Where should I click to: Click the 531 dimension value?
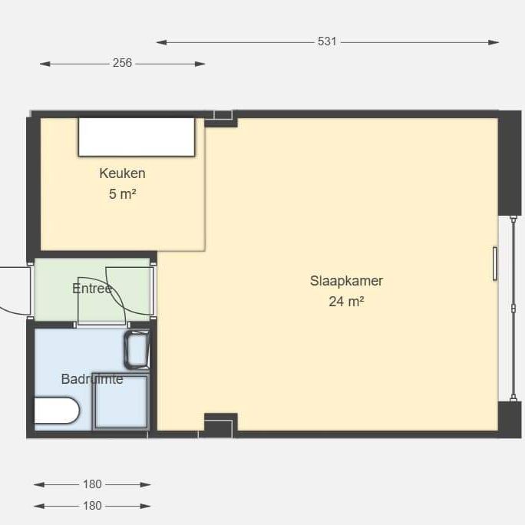pyautogui.click(x=327, y=41)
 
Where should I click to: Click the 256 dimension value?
pyautogui.click(x=122, y=63)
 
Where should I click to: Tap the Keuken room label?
pyautogui.click(x=122, y=173)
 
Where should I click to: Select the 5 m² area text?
pyautogui.click(x=122, y=194)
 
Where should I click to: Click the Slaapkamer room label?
pyautogui.click(x=346, y=281)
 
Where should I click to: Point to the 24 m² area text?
pyautogui.click(x=346, y=302)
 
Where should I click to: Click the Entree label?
pyautogui.click(x=92, y=289)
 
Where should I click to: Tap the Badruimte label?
pyautogui.click(x=92, y=379)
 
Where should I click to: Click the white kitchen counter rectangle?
pyautogui.click(x=137, y=137)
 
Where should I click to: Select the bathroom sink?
pyautogui.click(x=137, y=350)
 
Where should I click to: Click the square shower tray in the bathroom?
pyautogui.click(x=121, y=401)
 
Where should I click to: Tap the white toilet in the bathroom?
pyautogui.click(x=57, y=411)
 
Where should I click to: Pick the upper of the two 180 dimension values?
pyautogui.click(x=92, y=484)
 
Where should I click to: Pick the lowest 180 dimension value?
pyautogui.click(x=92, y=506)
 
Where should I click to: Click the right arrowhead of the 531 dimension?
pyautogui.click(x=494, y=42)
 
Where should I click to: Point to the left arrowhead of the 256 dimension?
pyautogui.click(x=45, y=64)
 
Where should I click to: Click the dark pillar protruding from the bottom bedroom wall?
pyautogui.click(x=221, y=425)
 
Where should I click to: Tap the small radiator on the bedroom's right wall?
pyautogui.click(x=495, y=263)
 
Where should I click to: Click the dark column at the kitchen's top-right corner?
pyautogui.click(x=221, y=119)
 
